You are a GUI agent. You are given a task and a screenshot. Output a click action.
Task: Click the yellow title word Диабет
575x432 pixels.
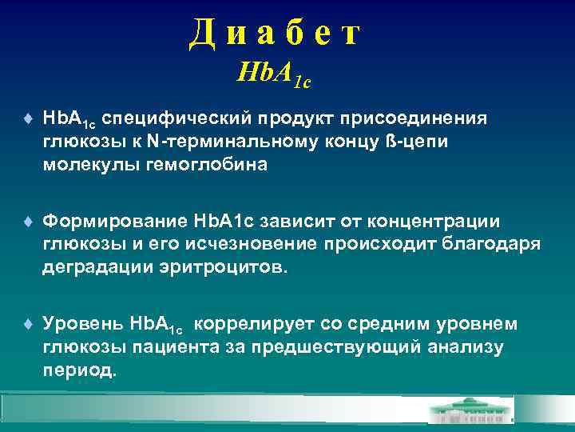point(276,34)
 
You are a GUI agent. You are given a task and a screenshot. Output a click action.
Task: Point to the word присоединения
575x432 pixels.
point(415,119)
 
